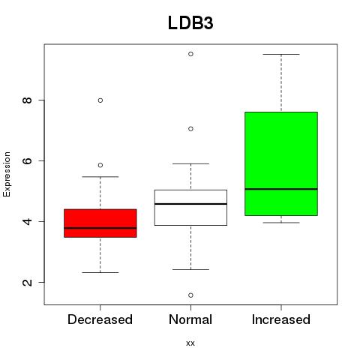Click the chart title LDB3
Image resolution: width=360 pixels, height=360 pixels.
pos(190,23)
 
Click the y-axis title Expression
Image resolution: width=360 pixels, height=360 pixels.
pos(7,174)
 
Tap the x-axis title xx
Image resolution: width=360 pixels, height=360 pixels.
pos(190,343)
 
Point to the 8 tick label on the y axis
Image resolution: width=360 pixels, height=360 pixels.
pos(28,100)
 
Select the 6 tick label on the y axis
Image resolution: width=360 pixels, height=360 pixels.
pos(28,160)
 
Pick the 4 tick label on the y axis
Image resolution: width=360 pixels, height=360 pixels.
pos(28,221)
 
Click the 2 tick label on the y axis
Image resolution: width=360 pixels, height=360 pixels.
pos(28,282)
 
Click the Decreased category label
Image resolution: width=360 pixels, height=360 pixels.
pos(100,319)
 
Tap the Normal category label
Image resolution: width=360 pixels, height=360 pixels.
pos(190,319)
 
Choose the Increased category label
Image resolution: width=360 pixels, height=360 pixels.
pos(281,319)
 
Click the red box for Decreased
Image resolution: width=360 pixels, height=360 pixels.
pos(100,223)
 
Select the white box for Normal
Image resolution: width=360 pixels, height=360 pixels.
pos(190,208)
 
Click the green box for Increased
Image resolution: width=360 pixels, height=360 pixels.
pos(281,163)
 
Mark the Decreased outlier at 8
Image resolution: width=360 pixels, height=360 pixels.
pos(100,100)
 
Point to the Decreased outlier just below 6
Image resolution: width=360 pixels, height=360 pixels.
pos(100,165)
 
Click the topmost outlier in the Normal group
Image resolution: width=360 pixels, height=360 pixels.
pos(190,54)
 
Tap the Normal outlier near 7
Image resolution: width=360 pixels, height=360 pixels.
pos(190,129)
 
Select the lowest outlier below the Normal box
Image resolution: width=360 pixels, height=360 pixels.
pos(190,295)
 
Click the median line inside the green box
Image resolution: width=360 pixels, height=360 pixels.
pos(281,189)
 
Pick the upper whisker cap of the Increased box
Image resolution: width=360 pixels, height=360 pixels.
pos(281,54)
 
